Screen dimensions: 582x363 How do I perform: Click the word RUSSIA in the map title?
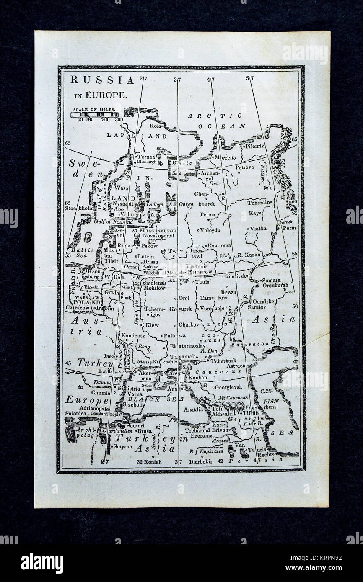coord(102,80)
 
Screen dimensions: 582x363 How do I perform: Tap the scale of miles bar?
coord(94,114)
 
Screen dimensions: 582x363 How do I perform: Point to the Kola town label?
coord(156,125)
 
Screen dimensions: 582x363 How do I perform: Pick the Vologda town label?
coord(210,230)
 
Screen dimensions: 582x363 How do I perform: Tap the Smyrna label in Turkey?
coord(122,446)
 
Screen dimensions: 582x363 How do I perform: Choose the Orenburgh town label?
coord(275,286)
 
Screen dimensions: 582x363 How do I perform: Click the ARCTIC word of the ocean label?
coord(214,116)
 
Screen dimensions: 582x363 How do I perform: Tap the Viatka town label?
coord(259,229)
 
